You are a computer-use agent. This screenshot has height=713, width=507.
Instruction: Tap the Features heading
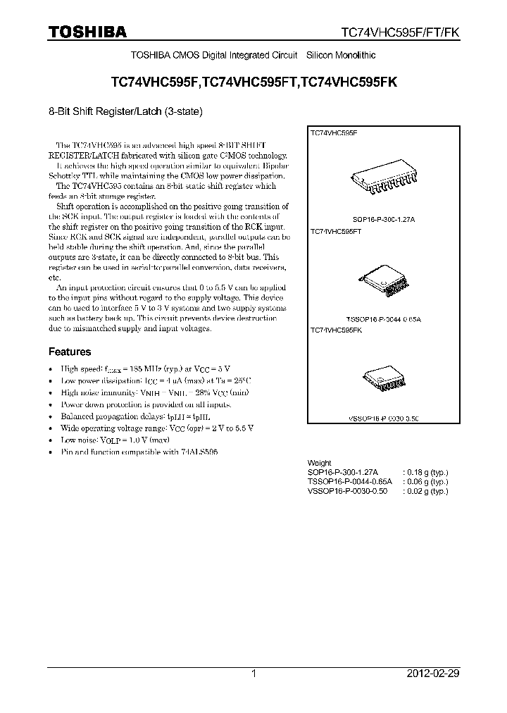69,352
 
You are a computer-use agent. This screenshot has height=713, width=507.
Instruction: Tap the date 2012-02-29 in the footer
433,674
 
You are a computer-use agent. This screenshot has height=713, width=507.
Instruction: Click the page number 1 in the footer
254,674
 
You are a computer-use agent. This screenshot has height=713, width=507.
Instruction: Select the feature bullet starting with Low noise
115,439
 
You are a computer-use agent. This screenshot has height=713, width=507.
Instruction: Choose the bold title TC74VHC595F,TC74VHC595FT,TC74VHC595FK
254,82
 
